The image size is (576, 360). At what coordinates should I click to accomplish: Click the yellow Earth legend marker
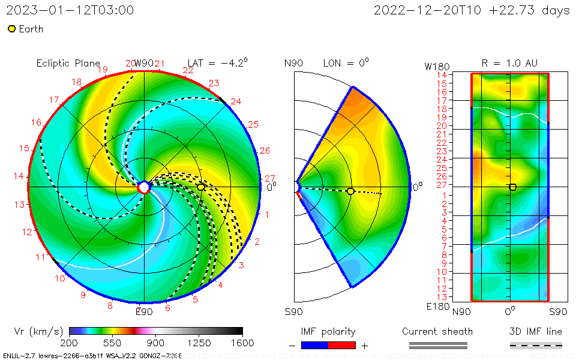pyautogui.click(x=11, y=29)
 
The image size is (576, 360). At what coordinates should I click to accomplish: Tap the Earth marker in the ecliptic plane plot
pyautogui.click(x=201, y=187)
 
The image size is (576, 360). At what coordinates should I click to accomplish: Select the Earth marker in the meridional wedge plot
pyautogui.click(x=350, y=191)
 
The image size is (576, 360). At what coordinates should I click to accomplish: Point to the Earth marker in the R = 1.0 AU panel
pyautogui.click(x=512, y=187)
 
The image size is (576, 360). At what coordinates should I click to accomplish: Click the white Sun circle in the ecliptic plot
pyautogui.click(x=143, y=187)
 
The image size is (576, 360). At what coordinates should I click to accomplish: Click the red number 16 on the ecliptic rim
pyautogui.click(x=36, y=122)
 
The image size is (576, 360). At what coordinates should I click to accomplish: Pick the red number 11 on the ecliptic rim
pyautogui.click(x=40, y=257)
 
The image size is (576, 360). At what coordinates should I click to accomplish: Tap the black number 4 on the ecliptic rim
pyautogui.click(x=220, y=285)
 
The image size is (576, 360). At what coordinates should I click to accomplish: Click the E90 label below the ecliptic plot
pyautogui.click(x=144, y=311)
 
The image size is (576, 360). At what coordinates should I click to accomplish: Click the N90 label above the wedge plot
pyautogui.click(x=293, y=63)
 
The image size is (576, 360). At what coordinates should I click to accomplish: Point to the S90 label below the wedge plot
pyautogui.click(x=293, y=311)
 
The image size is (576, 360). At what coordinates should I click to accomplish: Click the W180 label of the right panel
pyautogui.click(x=436, y=66)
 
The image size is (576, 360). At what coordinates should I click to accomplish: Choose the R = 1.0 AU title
pyautogui.click(x=509, y=62)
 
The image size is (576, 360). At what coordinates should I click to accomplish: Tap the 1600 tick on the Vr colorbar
pyautogui.click(x=242, y=343)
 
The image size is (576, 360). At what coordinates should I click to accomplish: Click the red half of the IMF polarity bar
pyautogui.click(x=342, y=345)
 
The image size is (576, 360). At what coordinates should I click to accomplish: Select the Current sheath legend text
pyautogui.click(x=437, y=331)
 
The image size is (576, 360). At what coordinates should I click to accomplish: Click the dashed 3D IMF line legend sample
pyautogui.click(x=536, y=345)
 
